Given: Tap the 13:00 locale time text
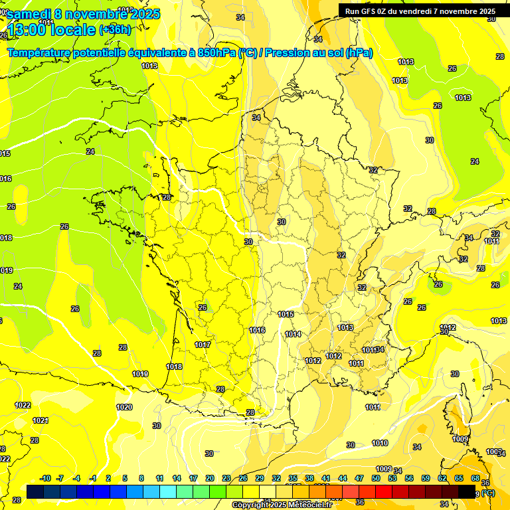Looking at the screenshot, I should pos(50,29).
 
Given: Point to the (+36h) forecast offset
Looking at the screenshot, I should pos(116,29).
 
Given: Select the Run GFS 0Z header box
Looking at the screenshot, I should pos(420,11).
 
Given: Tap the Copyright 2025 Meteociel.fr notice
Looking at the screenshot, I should pos(282,505).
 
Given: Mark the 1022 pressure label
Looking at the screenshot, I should pos(23,405).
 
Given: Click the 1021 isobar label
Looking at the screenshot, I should pos(41,420).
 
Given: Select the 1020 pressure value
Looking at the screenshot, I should pos(124,407).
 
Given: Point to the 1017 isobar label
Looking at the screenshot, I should pos(203,345).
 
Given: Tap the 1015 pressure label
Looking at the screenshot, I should pos(286,314).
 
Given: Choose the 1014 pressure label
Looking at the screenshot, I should pos(293,334).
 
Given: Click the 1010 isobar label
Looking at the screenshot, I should pos(380,443).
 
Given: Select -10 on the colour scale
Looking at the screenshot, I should pos(45,478).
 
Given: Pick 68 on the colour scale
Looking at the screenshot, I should pos(475,478).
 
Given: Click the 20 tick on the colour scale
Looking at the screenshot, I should pos(210,478).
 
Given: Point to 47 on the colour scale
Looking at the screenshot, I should pos(359,478).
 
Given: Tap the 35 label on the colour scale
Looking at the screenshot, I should pos(293,478).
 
